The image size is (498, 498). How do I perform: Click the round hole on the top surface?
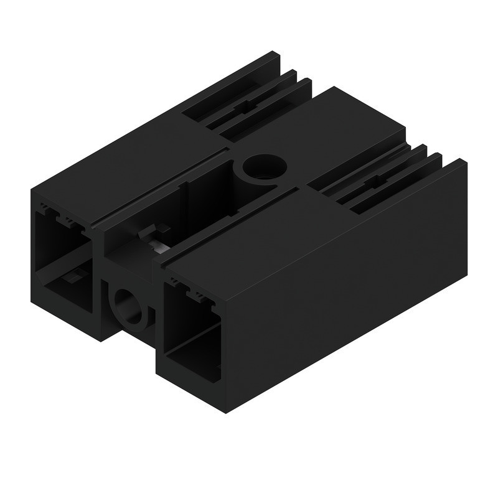(x=265, y=168)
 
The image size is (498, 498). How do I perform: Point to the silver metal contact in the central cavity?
(x=161, y=248)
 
